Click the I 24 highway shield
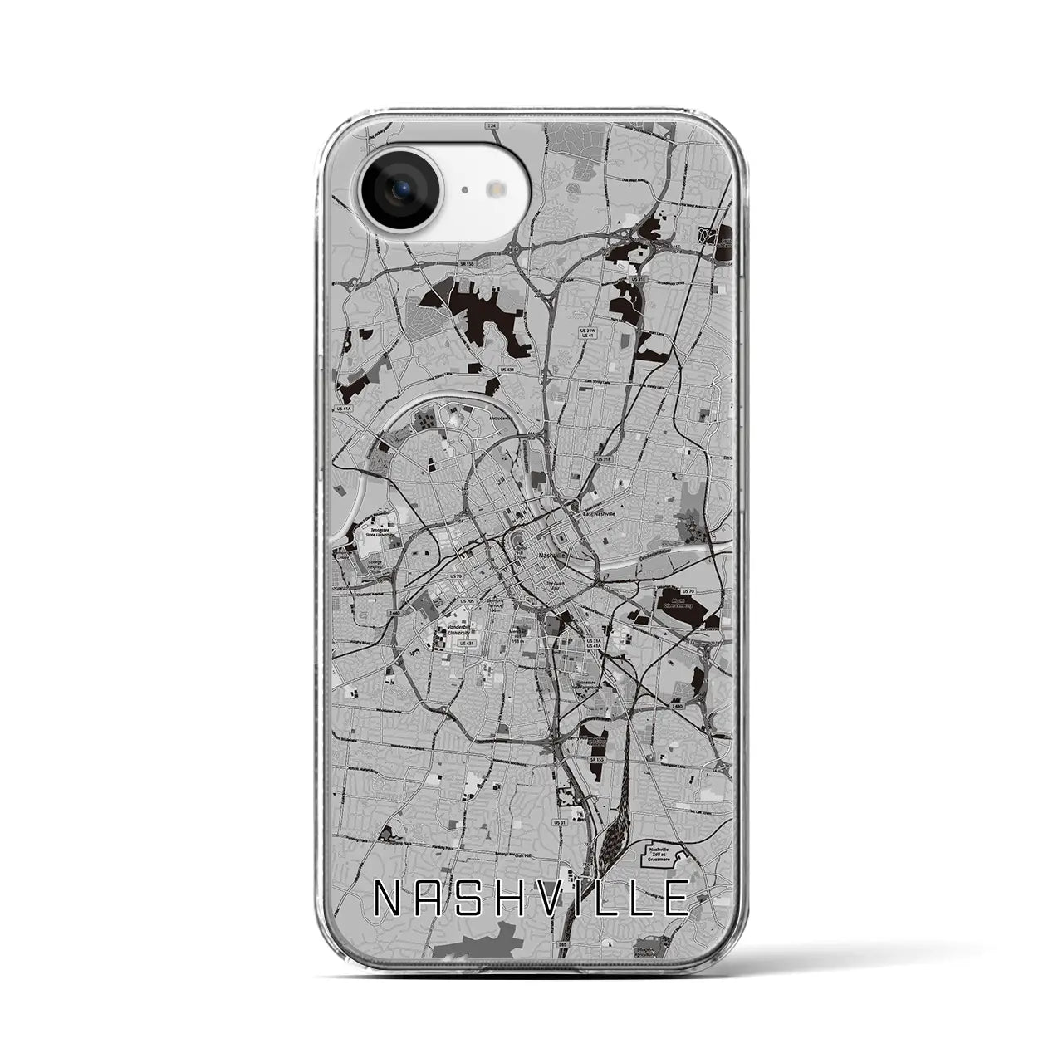click(x=492, y=125)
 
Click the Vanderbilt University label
click(x=459, y=630)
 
